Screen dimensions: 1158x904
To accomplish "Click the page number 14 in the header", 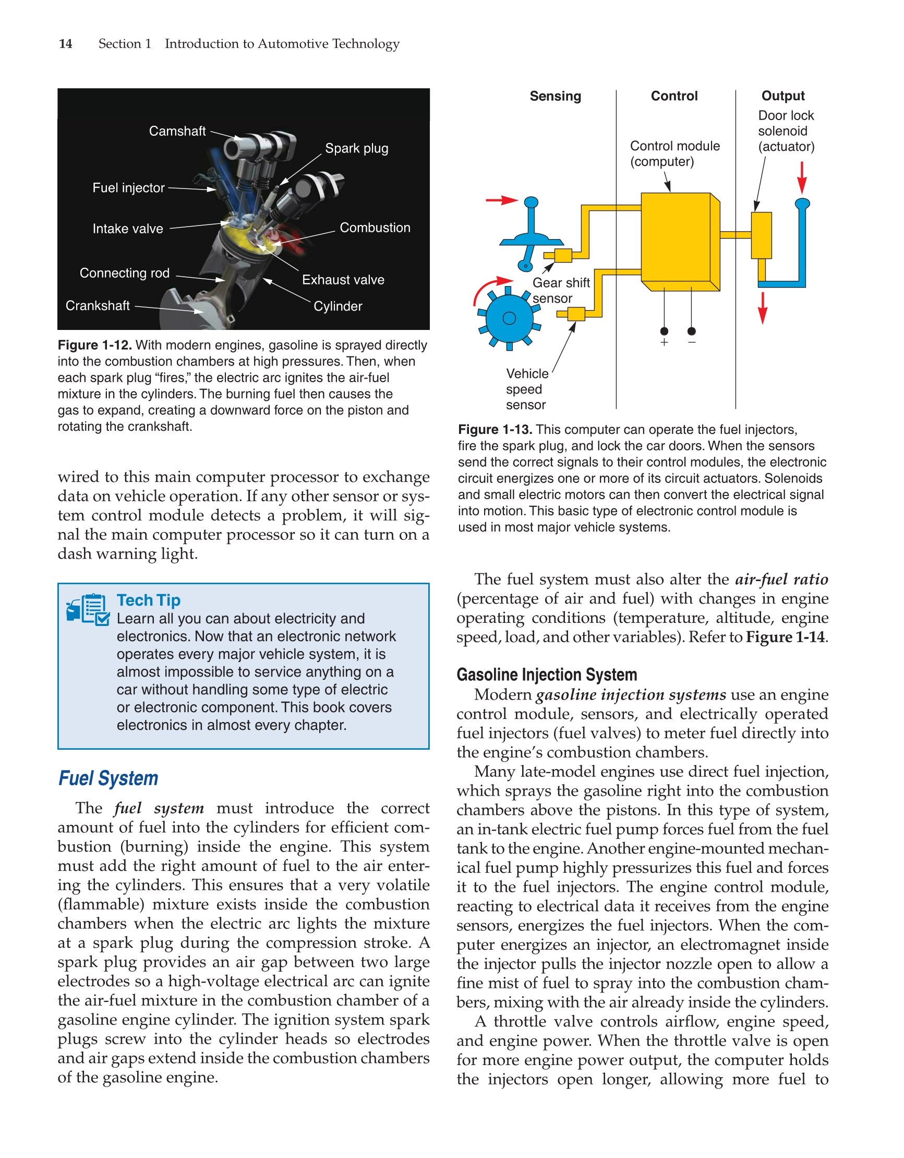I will click(65, 43).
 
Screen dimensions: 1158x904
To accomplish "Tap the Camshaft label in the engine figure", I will click(177, 131).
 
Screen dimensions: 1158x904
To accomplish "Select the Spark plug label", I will click(356, 148).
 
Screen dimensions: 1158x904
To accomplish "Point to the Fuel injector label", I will click(128, 188).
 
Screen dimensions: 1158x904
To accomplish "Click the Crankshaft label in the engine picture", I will click(98, 305).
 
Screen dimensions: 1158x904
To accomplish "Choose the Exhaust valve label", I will click(343, 279).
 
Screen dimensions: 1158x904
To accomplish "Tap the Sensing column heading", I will click(555, 96).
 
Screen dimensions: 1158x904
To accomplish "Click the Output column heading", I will click(782, 96).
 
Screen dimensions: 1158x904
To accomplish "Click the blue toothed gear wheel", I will click(509, 318).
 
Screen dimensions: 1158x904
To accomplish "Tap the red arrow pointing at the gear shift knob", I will click(501, 200).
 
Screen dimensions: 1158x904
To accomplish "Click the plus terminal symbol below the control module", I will click(664, 342).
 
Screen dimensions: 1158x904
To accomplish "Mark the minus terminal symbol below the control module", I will click(692, 342).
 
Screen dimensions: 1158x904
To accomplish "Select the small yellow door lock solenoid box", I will click(761, 235).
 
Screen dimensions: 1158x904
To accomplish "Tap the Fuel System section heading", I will click(108, 778).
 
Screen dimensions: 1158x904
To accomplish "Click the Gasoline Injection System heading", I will click(546, 675).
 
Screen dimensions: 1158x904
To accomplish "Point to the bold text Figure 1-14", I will click(785, 637).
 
